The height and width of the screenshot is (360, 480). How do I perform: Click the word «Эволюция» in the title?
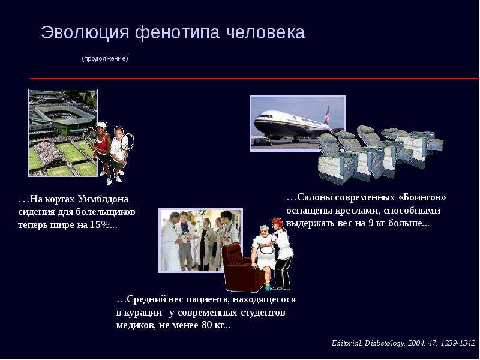pos(85,33)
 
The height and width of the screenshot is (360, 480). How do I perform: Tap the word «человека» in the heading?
pos(265,32)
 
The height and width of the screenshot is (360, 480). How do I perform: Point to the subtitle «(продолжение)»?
pos(105,58)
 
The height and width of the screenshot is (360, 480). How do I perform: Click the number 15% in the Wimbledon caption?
pos(100,225)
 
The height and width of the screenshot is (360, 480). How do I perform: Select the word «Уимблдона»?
pos(103,199)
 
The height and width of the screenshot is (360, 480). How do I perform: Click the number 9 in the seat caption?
pos(371,223)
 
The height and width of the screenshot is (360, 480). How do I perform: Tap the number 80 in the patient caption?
pos(207,325)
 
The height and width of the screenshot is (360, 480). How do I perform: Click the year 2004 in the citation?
pos(416,343)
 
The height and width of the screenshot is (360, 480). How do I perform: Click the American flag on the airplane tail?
pos(327,116)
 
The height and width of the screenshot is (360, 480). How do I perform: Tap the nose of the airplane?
pos(256,123)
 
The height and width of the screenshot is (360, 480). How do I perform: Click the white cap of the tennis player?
pos(101,125)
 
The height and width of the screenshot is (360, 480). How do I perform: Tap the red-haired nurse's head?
pos(278,224)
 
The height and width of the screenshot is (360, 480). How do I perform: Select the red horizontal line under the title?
pos(254,79)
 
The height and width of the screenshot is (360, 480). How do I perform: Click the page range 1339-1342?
pos(457,343)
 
